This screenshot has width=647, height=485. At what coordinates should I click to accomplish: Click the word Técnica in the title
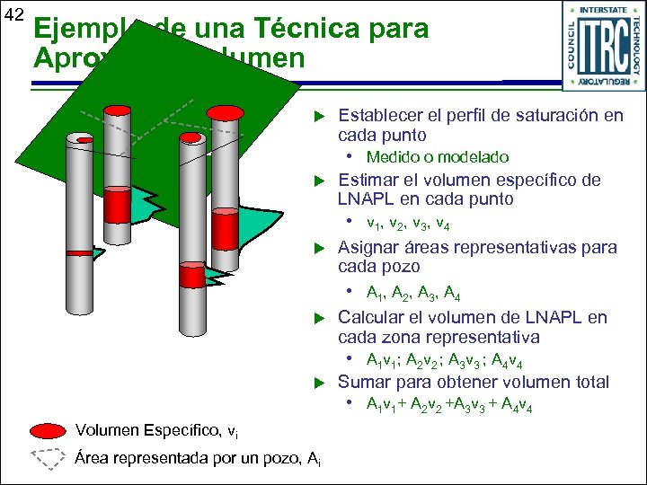pos(300,29)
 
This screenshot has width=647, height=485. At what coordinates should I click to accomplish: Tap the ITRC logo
pos(600,46)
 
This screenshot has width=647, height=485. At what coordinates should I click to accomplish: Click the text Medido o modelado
pos(437,157)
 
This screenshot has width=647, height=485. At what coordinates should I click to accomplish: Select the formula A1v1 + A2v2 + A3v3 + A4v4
pos(449,406)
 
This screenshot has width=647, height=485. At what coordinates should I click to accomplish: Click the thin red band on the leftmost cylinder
pos(78,252)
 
